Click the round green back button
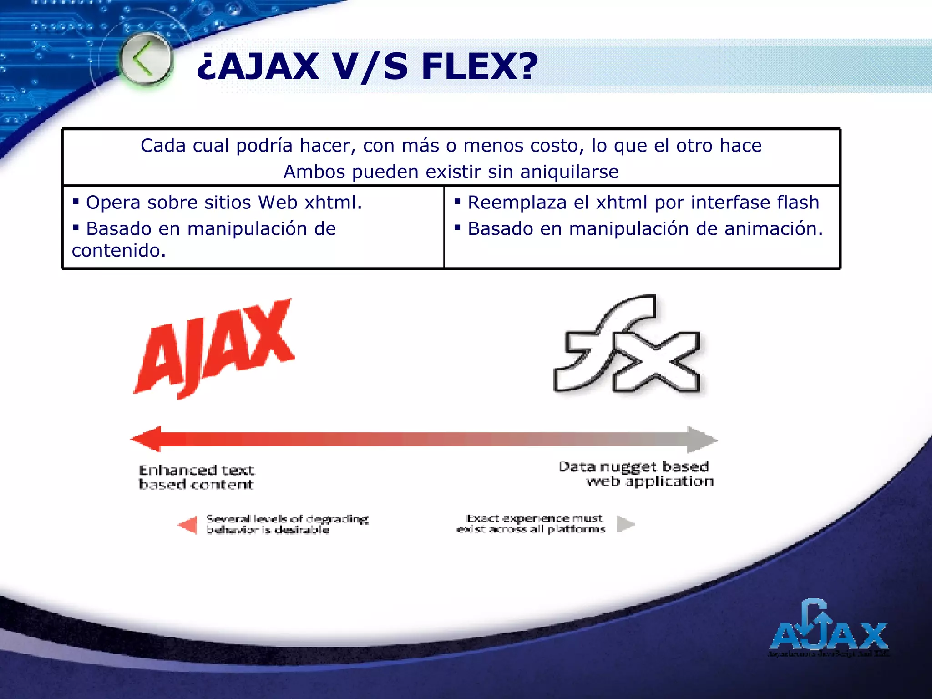coord(146,60)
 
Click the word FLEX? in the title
coord(480,66)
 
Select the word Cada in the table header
coord(163,146)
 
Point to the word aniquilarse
coord(569,172)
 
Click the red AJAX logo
coord(214,348)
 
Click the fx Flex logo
coord(628,346)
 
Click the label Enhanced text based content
coord(196,477)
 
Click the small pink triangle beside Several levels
coord(188,525)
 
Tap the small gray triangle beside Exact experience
coord(625,524)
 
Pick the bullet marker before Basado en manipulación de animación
coord(457,227)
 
